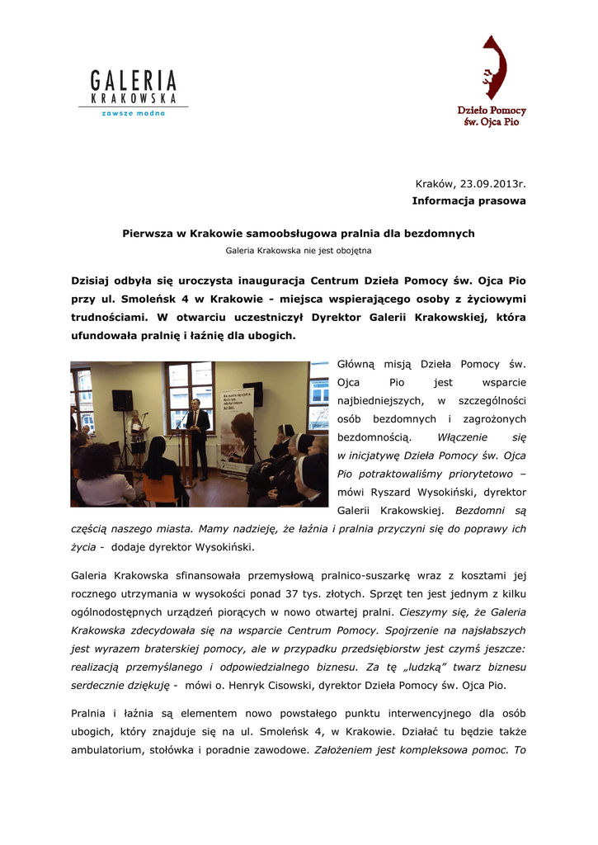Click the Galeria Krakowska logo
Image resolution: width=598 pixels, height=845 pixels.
tap(134, 91)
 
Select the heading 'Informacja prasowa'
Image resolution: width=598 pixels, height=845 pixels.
tap(469, 201)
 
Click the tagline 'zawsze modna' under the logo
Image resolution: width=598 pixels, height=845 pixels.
tap(133, 112)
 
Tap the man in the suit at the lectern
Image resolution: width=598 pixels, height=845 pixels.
tap(197, 433)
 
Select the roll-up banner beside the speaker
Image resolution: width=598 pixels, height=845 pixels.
tap(237, 429)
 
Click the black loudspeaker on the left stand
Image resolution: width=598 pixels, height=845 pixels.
tap(122, 400)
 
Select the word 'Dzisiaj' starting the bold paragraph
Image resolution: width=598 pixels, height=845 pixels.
tap(93, 281)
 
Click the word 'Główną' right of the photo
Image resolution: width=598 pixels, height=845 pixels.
tap(356, 364)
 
